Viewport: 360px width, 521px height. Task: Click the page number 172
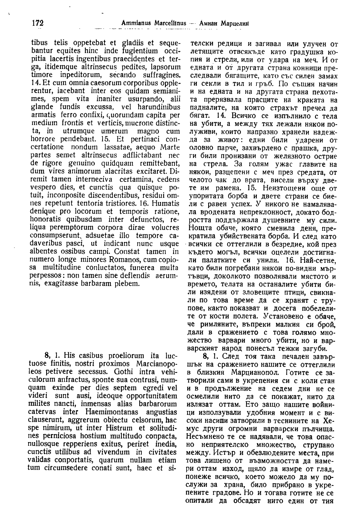click(37, 23)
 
